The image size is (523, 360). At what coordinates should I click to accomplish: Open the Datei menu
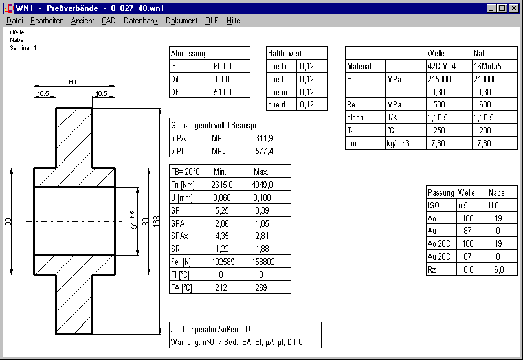point(14,21)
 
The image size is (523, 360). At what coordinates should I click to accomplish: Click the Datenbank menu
point(140,21)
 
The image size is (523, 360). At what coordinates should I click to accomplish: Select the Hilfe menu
point(233,21)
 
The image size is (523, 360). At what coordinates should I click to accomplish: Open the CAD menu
point(108,21)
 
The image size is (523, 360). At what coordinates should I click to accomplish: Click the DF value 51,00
point(222,92)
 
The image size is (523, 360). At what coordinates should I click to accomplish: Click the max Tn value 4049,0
point(262,185)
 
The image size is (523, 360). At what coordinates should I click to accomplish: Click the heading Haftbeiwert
point(285,53)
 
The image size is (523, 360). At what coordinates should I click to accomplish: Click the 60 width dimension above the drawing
point(72,82)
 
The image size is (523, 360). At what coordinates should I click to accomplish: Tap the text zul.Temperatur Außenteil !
point(211,329)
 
